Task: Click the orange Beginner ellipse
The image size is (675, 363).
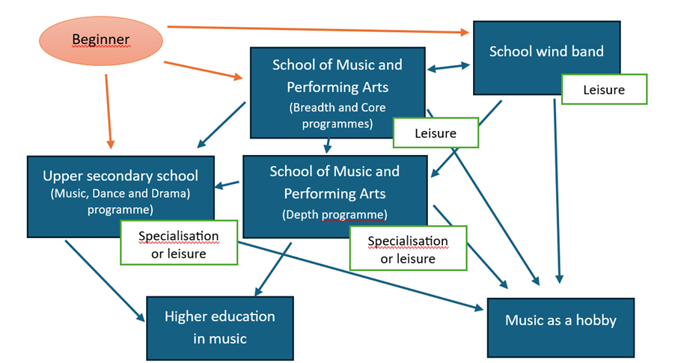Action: coord(101,40)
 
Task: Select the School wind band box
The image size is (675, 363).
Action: coord(546,52)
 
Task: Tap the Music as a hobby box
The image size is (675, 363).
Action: coord(561,320)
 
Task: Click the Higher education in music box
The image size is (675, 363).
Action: coord(220,327)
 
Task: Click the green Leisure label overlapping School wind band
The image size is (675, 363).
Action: coord(603,90)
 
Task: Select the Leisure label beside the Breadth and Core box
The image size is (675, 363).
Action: coord(436,133)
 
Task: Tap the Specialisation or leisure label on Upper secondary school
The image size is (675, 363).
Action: coord(178,243)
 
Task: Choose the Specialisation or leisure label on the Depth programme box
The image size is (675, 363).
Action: coord(408,248)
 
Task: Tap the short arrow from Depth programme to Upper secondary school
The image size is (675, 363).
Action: coord(229,184)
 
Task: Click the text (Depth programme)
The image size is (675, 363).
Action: coord(335,215)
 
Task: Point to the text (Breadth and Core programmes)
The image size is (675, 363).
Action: coord(337,115)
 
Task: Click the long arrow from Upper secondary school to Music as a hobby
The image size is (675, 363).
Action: coord(359,275)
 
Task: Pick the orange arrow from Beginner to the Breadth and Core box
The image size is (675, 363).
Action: coord(202,70)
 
